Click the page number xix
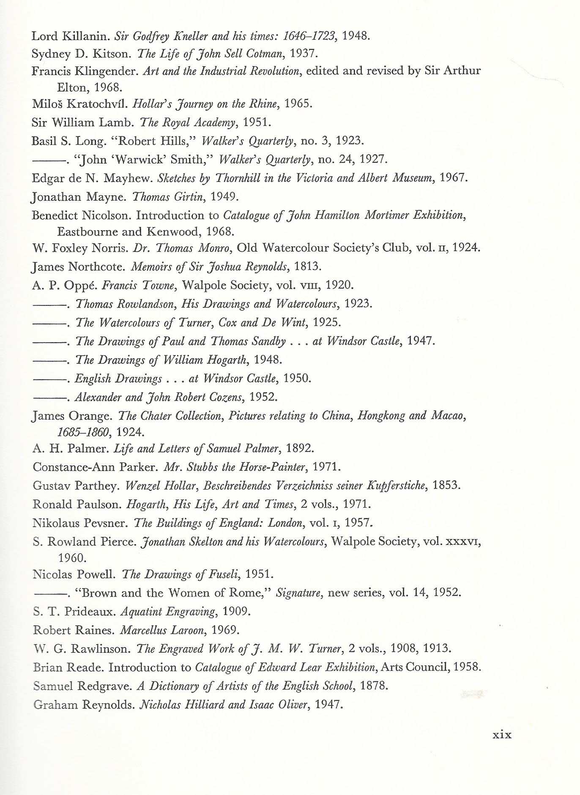pos(502,735)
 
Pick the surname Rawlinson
pos(100,649)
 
